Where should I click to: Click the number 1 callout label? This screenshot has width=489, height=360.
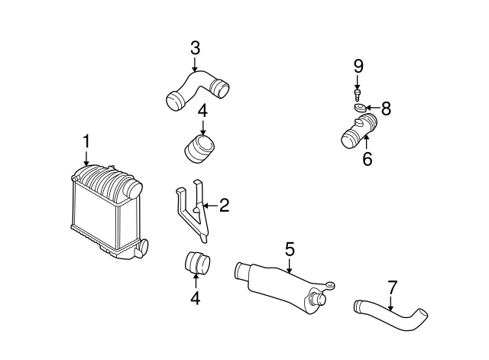tap(86, 141)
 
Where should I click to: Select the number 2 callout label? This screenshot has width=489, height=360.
tap(224, 205)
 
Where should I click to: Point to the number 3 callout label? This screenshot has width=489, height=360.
tap(195, 47)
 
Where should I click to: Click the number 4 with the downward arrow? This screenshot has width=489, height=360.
tap(202, 111)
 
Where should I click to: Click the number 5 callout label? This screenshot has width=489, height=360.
tap(290, 248)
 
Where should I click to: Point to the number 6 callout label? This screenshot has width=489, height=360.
tap(367, 160)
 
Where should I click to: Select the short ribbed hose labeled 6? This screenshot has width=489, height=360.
tap(356, 131)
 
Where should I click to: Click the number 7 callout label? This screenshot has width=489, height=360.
tap(392, 287)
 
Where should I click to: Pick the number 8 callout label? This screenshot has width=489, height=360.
tap(386, 109)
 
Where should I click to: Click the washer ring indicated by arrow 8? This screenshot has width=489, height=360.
tap(359, 109)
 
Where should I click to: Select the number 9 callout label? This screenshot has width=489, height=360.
tap(358, 66)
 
